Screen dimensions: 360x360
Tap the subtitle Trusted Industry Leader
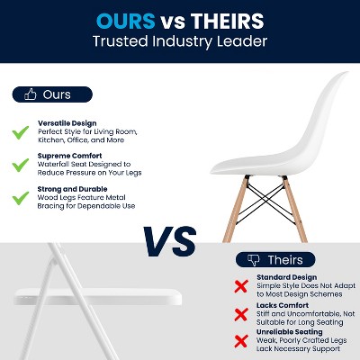[180, 42]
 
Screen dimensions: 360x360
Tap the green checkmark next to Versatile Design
[20, 131]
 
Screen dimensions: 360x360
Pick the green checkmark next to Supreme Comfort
[20, 166]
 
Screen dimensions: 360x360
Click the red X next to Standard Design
[240, 286]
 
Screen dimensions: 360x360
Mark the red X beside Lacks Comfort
[240, 314]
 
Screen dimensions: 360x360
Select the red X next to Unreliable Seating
[240, 341]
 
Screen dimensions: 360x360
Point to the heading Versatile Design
[67, 122]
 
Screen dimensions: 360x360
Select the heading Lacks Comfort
[283, 305]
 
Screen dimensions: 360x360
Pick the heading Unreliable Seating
[291, 332]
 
